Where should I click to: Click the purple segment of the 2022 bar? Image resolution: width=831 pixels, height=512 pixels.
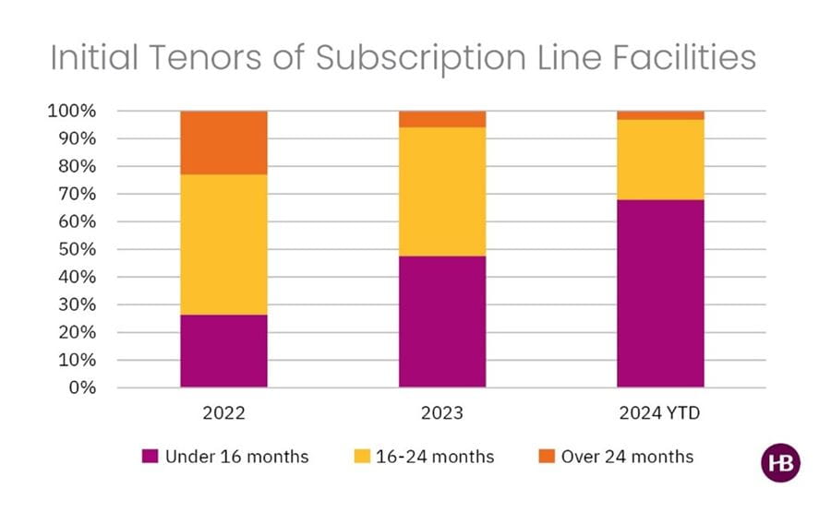223,351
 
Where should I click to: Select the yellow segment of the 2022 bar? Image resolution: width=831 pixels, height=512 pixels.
223,244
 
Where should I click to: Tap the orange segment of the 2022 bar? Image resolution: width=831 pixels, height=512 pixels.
223,142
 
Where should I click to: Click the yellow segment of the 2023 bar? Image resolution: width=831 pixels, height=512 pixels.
442,191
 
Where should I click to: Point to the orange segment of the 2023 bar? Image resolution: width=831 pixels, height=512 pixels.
442,119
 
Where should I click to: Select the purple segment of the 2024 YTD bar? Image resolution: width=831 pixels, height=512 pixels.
660,293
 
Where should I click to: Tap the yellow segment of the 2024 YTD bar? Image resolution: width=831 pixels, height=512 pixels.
660,160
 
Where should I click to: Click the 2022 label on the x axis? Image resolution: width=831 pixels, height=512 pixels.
223,413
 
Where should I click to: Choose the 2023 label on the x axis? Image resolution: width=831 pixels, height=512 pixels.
442,413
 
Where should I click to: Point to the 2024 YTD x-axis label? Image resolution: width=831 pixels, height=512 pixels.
660,413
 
